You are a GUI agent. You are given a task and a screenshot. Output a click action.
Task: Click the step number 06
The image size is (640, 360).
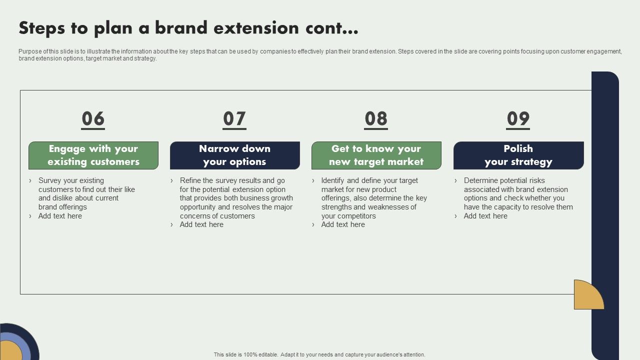[x=93, y=119]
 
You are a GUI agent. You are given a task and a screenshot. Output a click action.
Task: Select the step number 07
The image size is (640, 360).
[x=234, y=119]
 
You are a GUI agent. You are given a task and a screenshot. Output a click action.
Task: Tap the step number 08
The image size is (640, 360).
[x=376, y=119]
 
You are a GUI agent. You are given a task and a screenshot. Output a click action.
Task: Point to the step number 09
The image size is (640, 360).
[x=518, y=119]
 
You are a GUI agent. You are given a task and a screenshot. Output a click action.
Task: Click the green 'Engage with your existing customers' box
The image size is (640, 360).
[x=93, y=155]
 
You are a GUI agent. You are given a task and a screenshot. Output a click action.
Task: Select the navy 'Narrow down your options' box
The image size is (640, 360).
[x=234, y=155]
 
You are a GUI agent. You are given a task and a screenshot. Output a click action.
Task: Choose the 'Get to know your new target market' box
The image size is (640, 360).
[x=376, y=155]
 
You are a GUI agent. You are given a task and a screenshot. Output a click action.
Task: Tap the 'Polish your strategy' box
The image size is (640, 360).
[x=518, y=155]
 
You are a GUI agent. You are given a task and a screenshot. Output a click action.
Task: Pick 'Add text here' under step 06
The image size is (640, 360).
[x=60, y=216]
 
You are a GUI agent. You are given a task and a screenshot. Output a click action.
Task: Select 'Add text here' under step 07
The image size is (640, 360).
[x=201, y=224]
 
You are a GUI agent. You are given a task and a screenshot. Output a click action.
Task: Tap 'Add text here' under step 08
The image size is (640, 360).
[x=343, y=224]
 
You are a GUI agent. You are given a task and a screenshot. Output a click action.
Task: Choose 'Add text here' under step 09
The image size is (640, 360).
[x=485, y=216]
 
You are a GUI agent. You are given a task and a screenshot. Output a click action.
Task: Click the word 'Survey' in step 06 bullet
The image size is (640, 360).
[x=50, y=180]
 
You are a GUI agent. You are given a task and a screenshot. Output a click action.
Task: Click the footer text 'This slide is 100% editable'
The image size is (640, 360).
[x=245, y=354]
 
